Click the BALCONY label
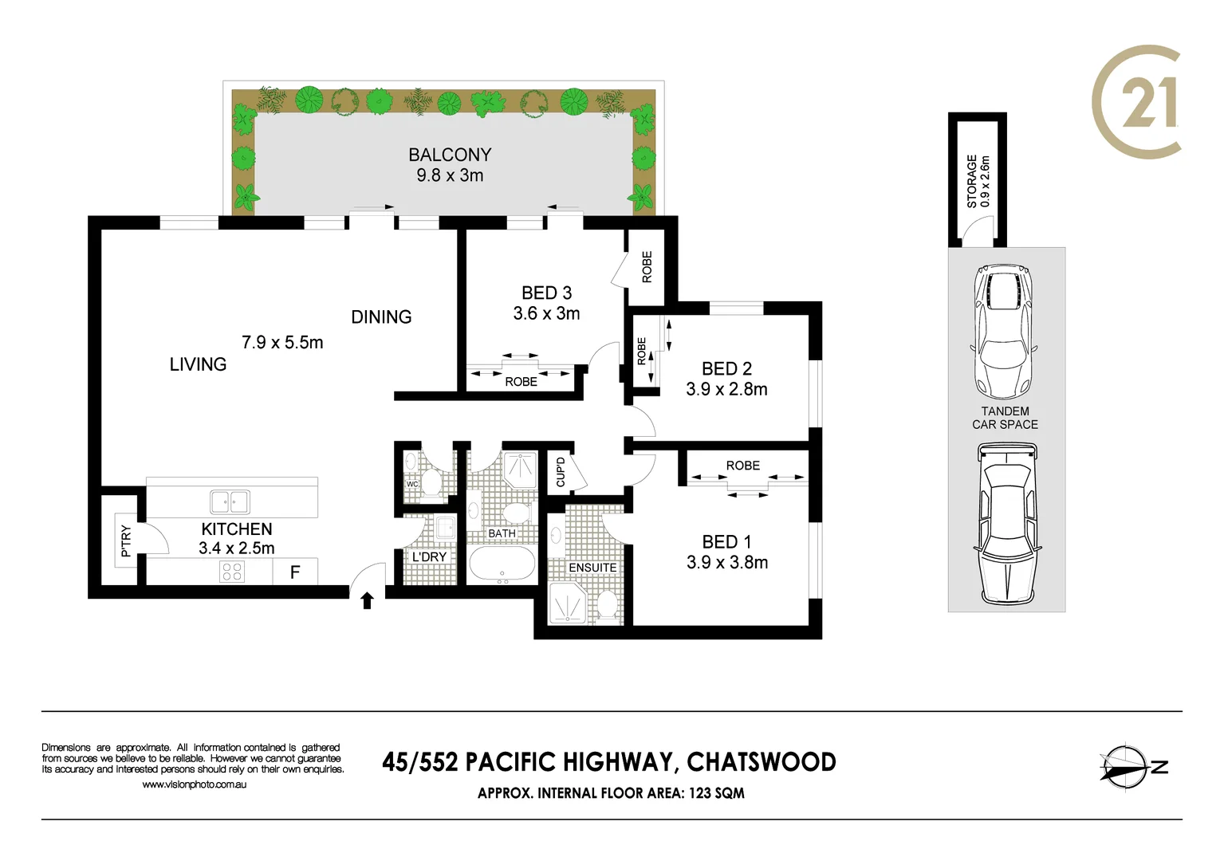point(450,155)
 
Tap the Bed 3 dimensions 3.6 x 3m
point(546,314)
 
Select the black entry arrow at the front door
point(367,600)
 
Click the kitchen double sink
point(230,501)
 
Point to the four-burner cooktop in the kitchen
point(232,572)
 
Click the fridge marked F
point(295,572)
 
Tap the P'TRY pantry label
point(125,541)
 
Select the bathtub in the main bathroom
point(502,564)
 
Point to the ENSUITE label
point(592,568)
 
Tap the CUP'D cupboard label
point(561,472)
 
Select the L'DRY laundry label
point(429,556)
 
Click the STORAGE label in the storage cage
point(972,181)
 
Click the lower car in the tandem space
point(1006,524)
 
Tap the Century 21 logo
point(1136,101)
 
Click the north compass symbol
point(1127,768)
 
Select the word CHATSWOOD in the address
point(761,762)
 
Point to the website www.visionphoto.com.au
point(194,784)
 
